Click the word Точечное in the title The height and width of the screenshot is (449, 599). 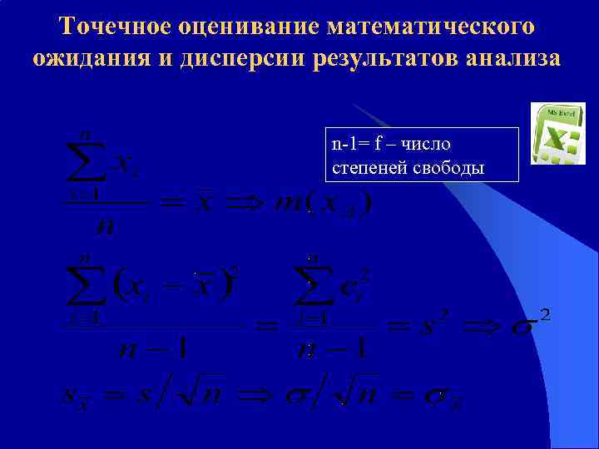114,27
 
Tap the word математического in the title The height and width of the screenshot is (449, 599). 430,27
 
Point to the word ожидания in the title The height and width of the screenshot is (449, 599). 89,60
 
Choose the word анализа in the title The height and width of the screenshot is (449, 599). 514,60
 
